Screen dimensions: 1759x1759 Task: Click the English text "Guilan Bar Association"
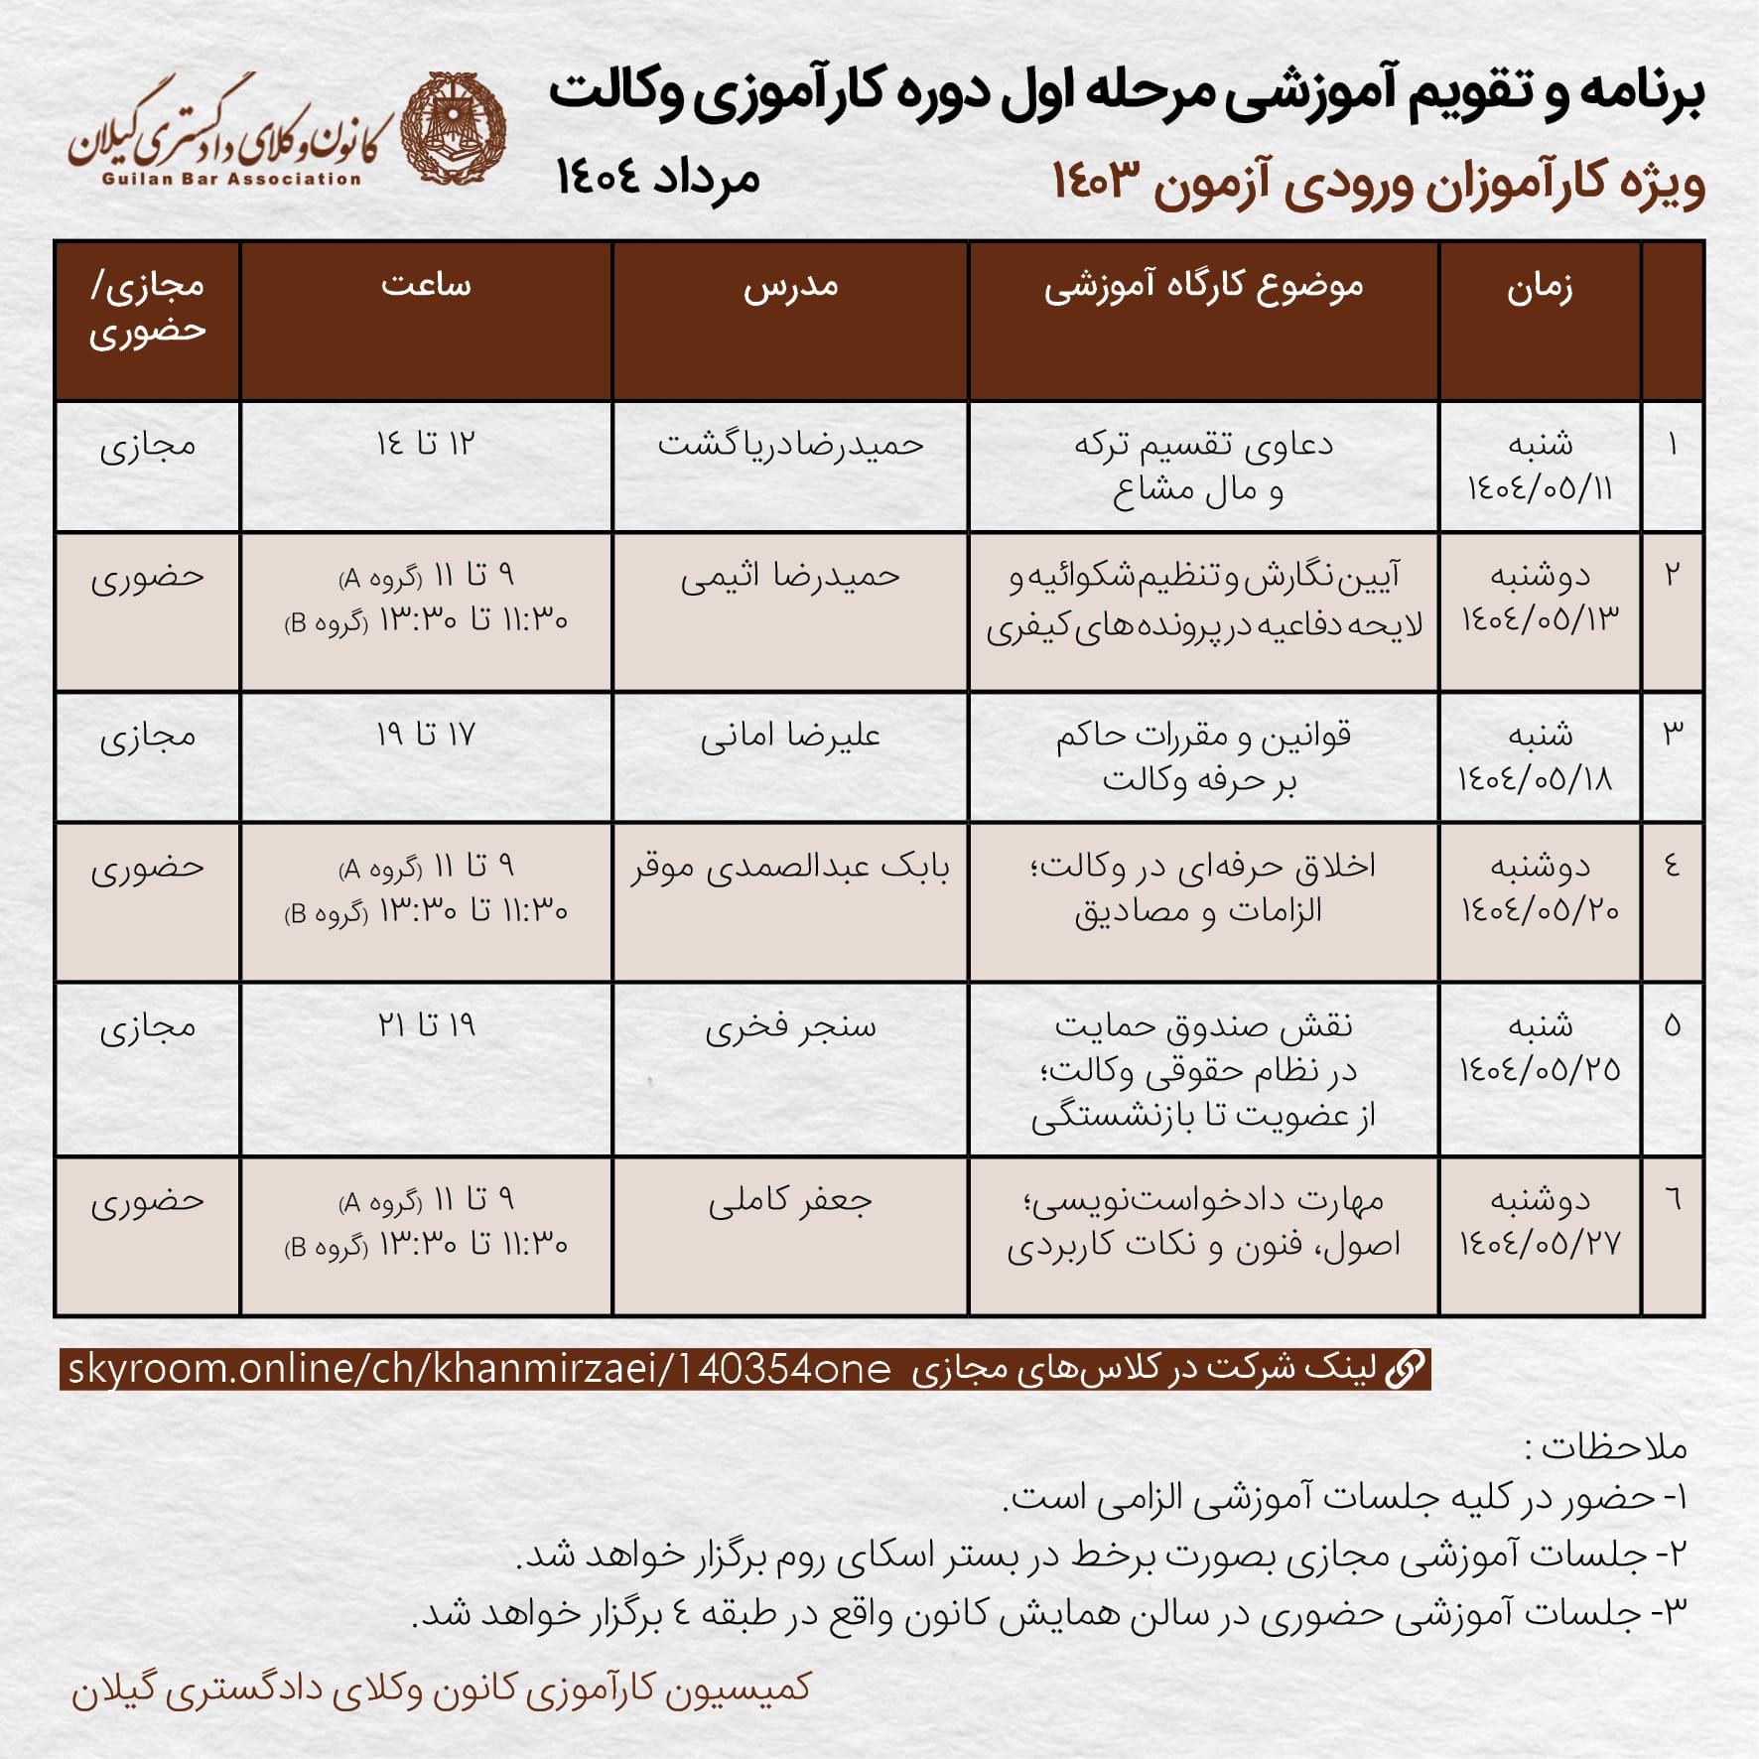coord(231,180)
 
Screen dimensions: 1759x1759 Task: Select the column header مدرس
coord(790,287)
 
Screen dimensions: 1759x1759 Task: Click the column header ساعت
coord(426,286)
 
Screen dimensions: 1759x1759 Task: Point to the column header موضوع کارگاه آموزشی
coord(1203,287)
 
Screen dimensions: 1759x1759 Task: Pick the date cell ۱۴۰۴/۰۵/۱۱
coord(1540,489)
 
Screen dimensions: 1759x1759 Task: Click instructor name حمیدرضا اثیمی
coord(790,577)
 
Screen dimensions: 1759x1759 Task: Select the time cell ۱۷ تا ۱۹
coord(426,735)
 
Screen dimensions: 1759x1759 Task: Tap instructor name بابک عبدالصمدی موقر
coord(790,868)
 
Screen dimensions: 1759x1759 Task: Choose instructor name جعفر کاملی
coord(790,1201)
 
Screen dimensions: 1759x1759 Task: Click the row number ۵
coord(1673,1025)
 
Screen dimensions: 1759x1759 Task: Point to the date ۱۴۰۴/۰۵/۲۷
coord(1540,1244)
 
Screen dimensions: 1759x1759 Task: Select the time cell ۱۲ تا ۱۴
coord(426,444)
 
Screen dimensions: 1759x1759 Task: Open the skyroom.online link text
coord(479,1370)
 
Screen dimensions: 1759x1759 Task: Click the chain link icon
coord(1406,1369)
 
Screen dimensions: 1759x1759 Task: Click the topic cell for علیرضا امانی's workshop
coord(1203,756)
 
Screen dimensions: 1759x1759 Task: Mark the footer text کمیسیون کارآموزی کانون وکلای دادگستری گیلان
coord(441,1689)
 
